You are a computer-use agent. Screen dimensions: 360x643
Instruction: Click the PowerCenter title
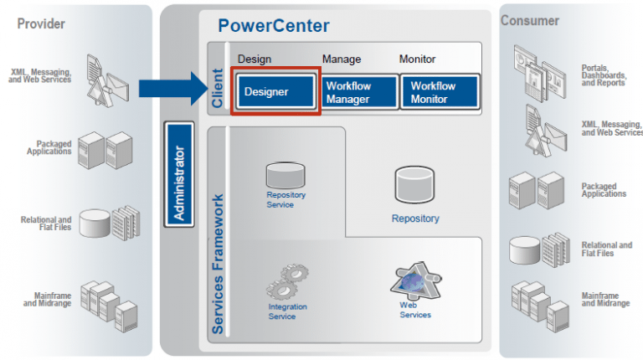pyautogui.click(x=274, y=25)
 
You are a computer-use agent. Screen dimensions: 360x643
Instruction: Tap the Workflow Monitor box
pyautogui.click(x=440, y=92)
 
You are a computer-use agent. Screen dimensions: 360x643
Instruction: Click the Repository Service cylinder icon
pyautogui.click(x=285, y=175)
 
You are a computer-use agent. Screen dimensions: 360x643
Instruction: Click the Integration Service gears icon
pyautogui.click(x=287, y=281)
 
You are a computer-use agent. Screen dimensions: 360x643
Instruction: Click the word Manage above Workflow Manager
pyautogui.click(x=342, y=59)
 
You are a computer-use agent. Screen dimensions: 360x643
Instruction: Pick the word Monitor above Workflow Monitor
pyautogui.click(x=419, y=59)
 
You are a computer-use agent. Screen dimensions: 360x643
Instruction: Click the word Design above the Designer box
pyautogui.click(x=255, y=59)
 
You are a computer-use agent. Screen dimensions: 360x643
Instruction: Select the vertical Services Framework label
pyautogui.click(x=218, y=264)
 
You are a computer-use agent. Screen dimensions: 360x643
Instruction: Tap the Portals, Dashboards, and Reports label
pyautogui.click(x=604, y=75)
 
